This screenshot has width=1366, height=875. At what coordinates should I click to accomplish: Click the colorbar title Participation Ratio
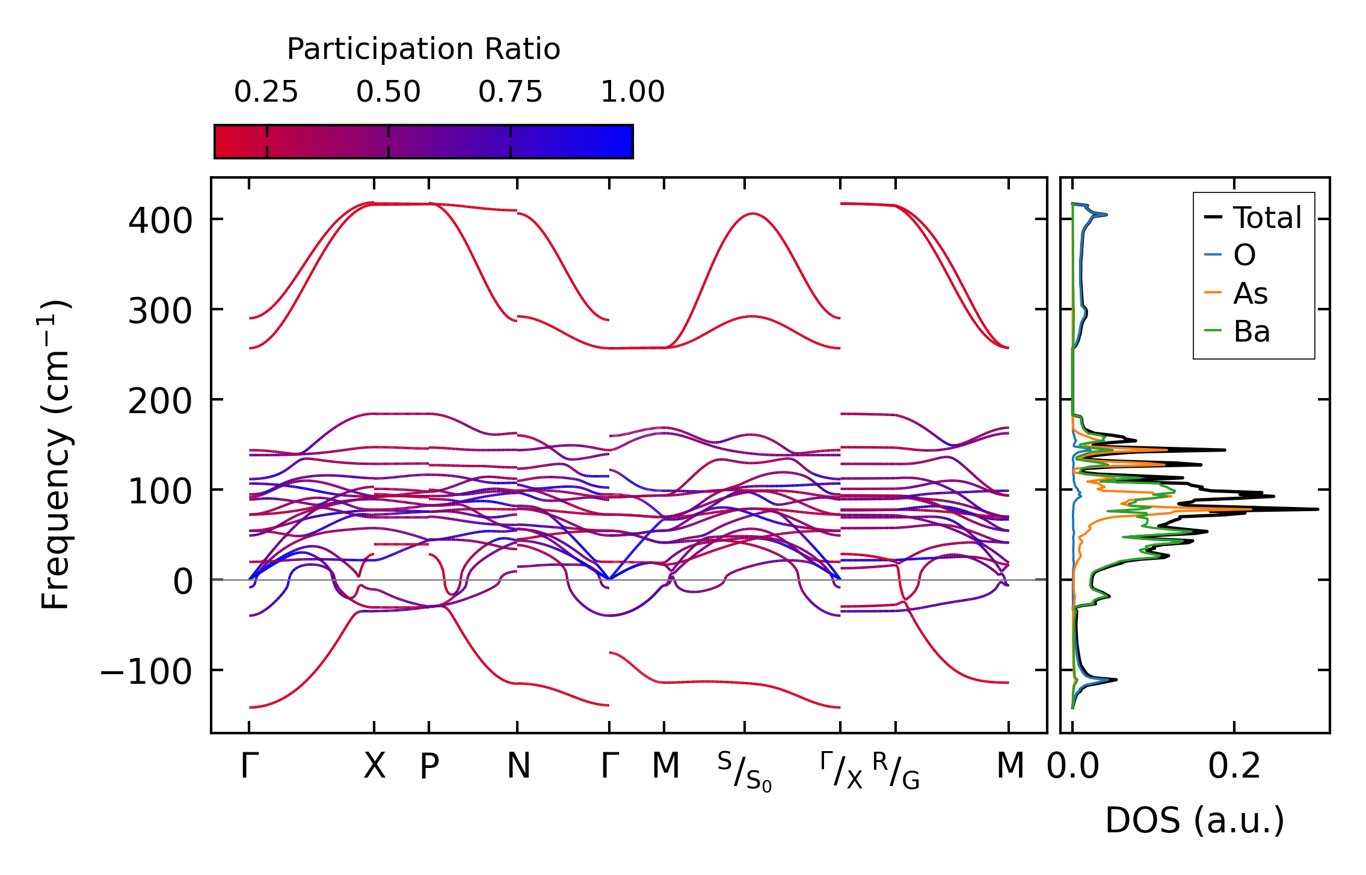coord(423,49)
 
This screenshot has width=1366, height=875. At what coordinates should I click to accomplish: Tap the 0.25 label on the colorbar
coord(266,92)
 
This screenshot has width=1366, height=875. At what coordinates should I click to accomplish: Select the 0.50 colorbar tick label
coord(388,92)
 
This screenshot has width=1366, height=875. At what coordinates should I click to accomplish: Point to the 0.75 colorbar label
coord(510,92)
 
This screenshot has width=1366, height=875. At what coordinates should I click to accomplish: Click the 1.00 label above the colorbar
coord(632,92)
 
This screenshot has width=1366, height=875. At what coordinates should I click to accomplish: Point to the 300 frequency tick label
coord(160,311)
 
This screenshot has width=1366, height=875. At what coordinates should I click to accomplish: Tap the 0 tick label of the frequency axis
coord(183,582)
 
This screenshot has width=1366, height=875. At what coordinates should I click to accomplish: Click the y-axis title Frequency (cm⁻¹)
coord(55,455)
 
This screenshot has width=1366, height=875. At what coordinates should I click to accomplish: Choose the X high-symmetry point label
coord(374,766)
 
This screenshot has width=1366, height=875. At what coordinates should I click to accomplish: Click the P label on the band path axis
coord(429,766)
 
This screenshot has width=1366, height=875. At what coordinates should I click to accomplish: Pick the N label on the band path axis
coord(518,766)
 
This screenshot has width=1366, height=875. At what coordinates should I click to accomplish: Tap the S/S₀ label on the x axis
coord(745,771)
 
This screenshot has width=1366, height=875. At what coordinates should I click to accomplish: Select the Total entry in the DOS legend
coord(1267,217)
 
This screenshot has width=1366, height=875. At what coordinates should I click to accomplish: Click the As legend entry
coord(1250,293)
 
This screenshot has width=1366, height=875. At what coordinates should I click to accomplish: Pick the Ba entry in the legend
coord(1251,331)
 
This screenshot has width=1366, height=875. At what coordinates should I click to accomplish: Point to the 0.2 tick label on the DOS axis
coord(1234,766)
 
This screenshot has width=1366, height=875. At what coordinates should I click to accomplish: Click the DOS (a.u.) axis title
coord(1195,820)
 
